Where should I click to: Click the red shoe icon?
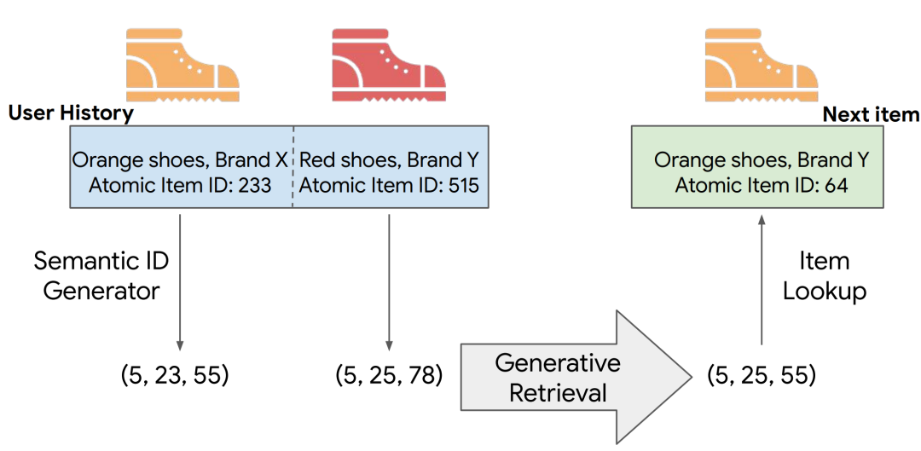pyautogui.click(x=388, y=66)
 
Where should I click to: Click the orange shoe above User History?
pyautogui.click(x=182, y=66)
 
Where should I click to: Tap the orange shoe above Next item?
pyautogui.click(x=762, y=66)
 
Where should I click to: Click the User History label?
pyautogui.click(x=71, y=114)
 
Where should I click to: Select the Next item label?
pyautogui.click(x=871, y=114)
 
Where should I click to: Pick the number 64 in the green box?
pyautogui.click(x=835, y=186)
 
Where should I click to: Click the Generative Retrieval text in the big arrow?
pyautogui.click(x=558, y=378)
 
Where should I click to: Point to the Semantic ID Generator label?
pyautogui.click(x=101, y=275)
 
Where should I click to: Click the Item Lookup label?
pyautogui.click(x=824, y=275)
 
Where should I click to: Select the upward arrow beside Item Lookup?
pyautogui.click(x=762, y=280)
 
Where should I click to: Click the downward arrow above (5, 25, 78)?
pyautogui.click(x=389, y=282)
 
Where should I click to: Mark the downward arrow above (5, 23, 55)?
pyautogui.click(x=179, y=282)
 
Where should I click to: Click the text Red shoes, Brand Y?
pyautogui.click(x=390, y=159)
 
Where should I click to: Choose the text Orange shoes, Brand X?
pyautogui.click(x=180, y=159)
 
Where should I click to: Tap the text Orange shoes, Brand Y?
pyautogui.click(x=762, y=159)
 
